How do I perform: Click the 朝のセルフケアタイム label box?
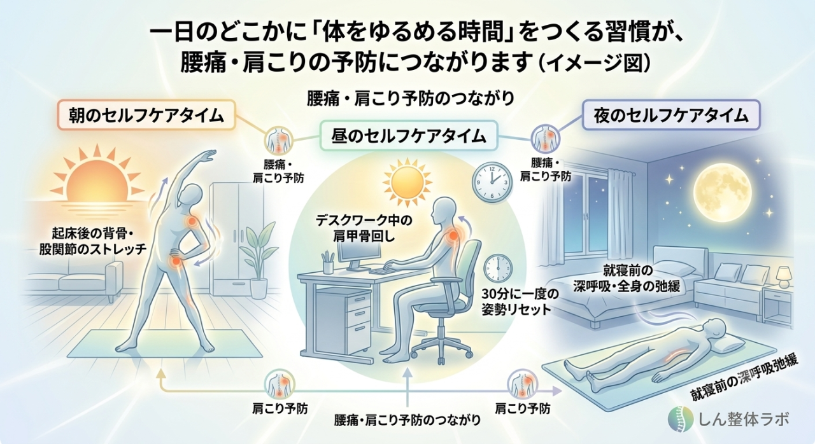coord(146,115)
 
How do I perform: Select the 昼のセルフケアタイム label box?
coord(409,136)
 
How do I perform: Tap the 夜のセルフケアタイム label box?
coord(671,115)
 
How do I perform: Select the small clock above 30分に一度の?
coord(497,270)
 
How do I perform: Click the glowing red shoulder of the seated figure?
coord(453,235)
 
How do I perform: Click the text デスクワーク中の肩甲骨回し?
coord(364,228)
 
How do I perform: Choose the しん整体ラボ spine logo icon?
coord(681,419)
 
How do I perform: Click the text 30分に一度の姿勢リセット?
coord(516,302)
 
